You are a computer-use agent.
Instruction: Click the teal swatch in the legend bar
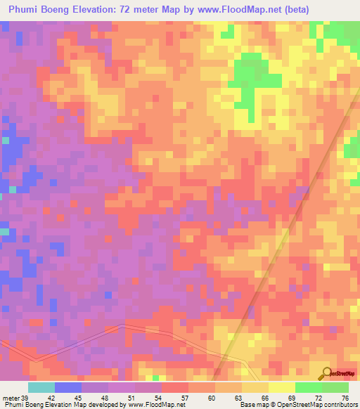click(x=41, y=387)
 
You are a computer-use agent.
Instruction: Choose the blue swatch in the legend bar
click(x=68, y=387)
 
